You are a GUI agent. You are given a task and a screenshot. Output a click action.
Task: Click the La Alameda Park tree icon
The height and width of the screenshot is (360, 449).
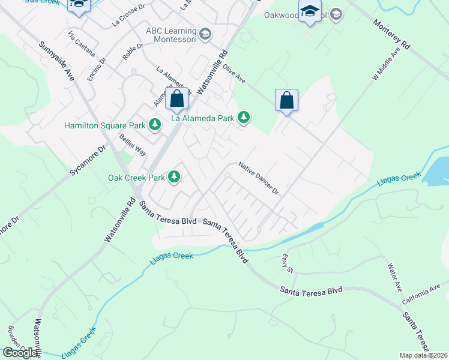click(244, 118)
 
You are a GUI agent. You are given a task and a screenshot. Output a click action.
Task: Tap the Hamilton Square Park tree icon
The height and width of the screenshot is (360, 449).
click(155, 125)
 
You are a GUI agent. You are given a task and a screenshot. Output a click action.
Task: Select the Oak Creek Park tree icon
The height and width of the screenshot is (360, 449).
click(174, 177)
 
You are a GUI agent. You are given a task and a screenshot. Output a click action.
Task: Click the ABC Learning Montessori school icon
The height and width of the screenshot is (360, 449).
click(205, 34)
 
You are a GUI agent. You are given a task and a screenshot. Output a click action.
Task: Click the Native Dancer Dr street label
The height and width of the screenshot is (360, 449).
click(259, 178)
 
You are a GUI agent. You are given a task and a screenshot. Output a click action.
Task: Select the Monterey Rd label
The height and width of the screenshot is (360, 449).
click(391, 37)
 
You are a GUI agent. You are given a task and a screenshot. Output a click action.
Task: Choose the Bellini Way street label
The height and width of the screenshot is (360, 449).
click(133, 145)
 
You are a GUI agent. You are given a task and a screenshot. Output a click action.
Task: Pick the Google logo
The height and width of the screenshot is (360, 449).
click(20, 353)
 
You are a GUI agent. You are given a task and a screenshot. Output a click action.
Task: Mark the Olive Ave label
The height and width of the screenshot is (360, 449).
click(234, 75)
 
